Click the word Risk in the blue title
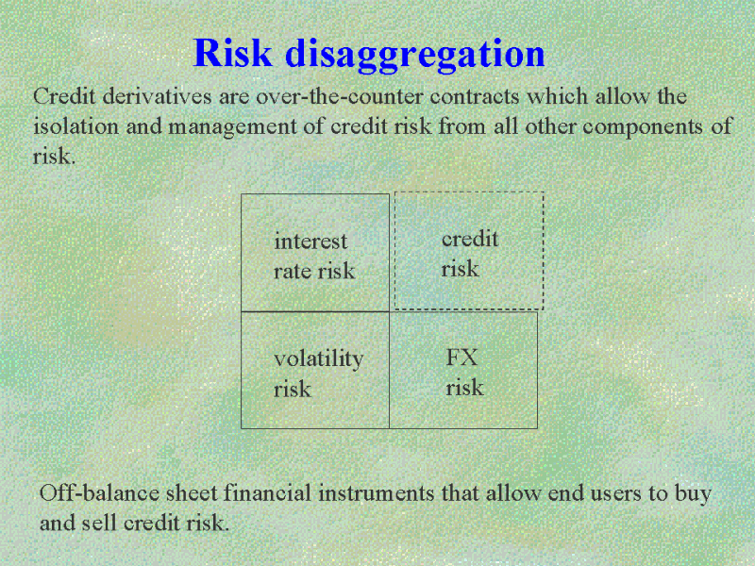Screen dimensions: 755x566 [x=232, y=53]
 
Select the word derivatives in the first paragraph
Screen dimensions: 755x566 [x=157, y=96]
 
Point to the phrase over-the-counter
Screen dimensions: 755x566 [x=339, y=97]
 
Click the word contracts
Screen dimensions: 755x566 [x=475, y=97]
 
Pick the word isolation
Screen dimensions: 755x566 [x=76, y=126]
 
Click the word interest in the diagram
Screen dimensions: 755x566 [x=310, y=241]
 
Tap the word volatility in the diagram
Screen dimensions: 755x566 [x=318, y=359]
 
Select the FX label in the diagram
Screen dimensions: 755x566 [x=461, y=358]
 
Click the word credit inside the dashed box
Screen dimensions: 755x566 [x=469, y=240]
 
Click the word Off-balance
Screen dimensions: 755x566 [x=99, y=493]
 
